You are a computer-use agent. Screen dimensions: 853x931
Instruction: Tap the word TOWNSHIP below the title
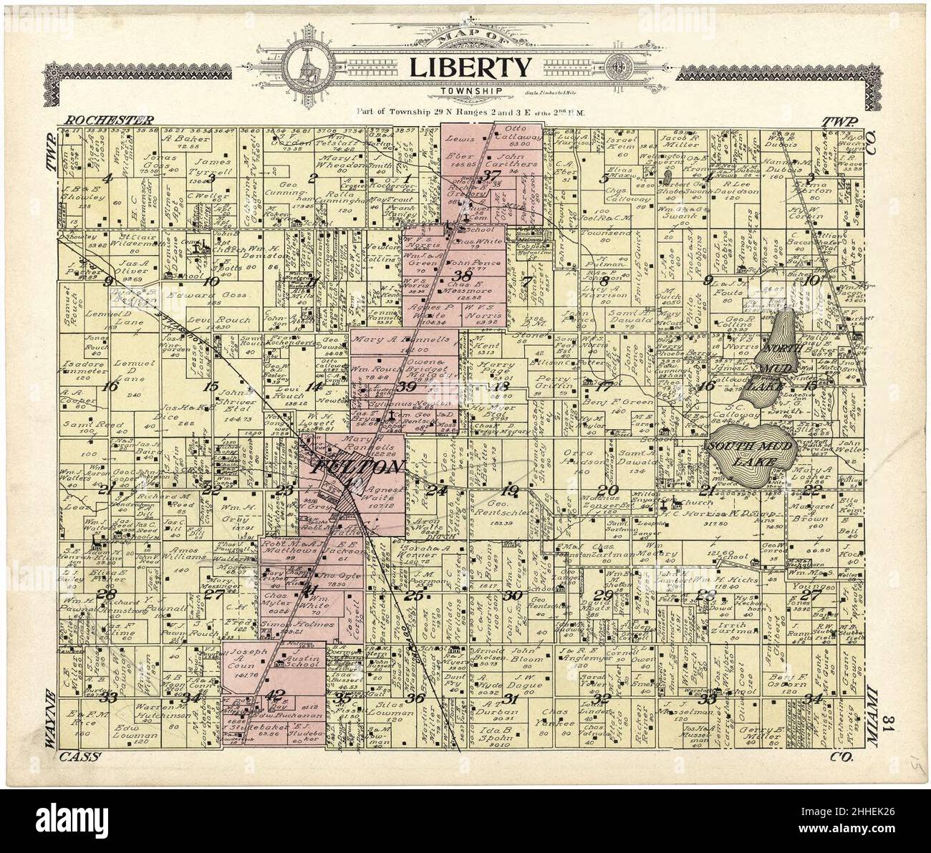click(x=471, y=91)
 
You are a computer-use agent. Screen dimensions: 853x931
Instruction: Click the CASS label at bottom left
click(x=80, y=756)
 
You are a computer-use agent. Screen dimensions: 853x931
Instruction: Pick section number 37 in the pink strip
click(x=491, y=176)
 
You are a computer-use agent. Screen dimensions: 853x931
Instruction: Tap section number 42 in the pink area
click(x=275, y=694)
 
